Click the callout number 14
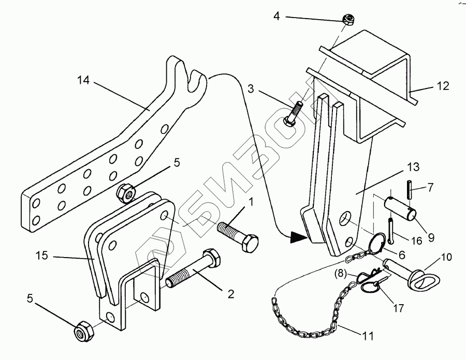click(x=84, y=81)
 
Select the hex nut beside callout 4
click(x=349, y=20)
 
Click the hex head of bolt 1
click(x=250, y=243)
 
